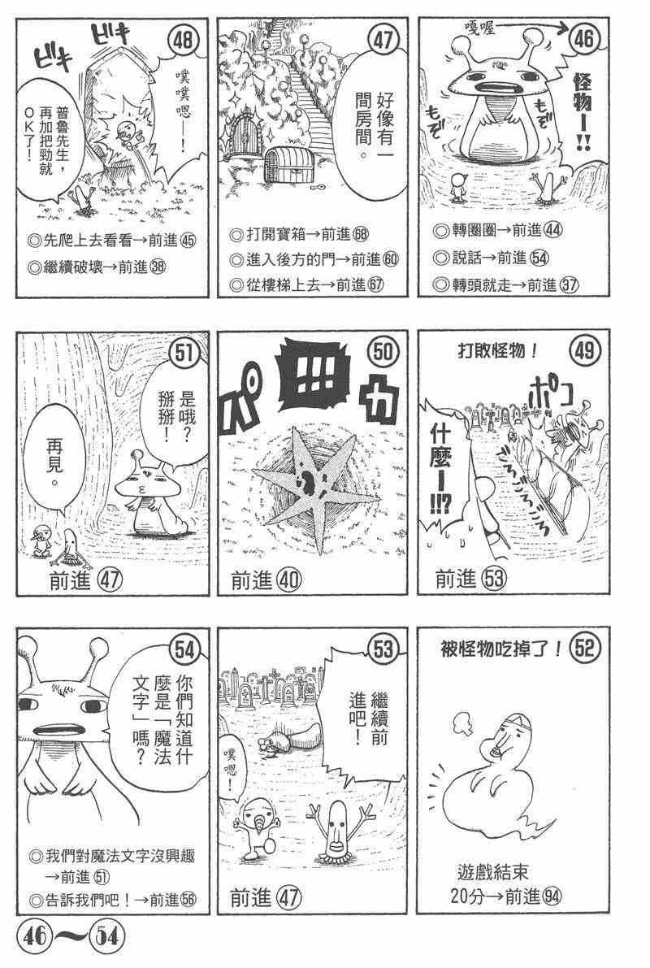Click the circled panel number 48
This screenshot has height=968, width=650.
pos(184,41)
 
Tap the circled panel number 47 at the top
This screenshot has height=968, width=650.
pos(383,41)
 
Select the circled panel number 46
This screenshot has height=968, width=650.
pos(583,39)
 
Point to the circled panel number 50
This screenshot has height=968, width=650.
pos(383,351)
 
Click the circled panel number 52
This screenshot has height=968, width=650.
pos(583,648)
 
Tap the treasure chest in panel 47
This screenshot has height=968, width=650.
pos(287,164)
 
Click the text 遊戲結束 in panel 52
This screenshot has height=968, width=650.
pos(492,872)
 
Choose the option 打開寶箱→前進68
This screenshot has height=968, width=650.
pos(299,235)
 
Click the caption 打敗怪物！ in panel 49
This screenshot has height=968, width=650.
pos(497,350)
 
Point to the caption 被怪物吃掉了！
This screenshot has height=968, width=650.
pos(500,649)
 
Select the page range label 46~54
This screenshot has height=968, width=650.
pos(71,936)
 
